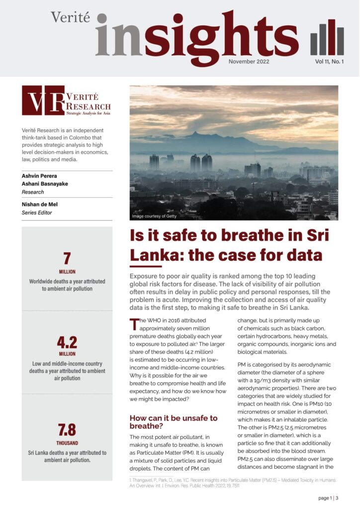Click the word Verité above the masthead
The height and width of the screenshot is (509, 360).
[x=70, y=18]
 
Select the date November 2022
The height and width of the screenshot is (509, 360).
[x=249, y=62]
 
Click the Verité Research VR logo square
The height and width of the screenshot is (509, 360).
[x=43, y=100]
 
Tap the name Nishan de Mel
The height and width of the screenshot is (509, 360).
[x=44, y=204]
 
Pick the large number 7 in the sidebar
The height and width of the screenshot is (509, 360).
[x=67, y=259]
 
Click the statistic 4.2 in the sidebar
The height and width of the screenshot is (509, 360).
[x=67, y=342]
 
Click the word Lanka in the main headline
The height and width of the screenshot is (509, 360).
[x=154, y=255]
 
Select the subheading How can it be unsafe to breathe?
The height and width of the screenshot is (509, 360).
[x=174, y=422]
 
